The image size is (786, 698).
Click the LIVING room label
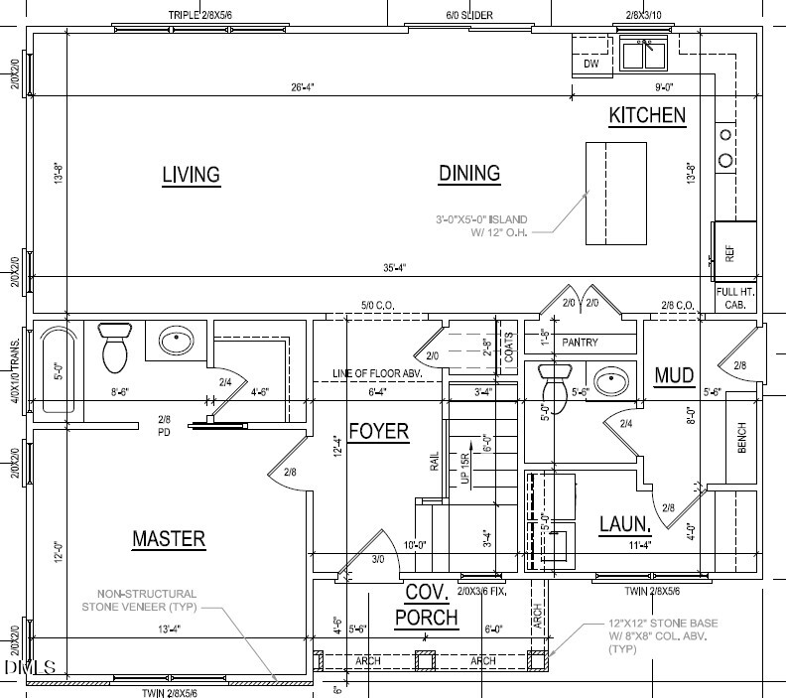pos(191,175)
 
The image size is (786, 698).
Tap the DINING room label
pos(469,173)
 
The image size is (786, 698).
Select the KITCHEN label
pos(647,115)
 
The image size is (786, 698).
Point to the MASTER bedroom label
pos(169,538)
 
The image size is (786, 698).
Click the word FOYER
pos(379,433)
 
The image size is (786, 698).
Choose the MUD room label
pos(674,374)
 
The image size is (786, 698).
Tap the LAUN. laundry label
pos(625,523)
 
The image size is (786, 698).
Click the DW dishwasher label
pos(591,65)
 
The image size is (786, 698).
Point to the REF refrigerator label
pos(730,253)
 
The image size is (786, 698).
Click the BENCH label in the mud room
pos(742,436)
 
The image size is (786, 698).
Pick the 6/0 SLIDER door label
pos(469,15)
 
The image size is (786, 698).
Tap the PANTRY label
pos(580,343)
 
